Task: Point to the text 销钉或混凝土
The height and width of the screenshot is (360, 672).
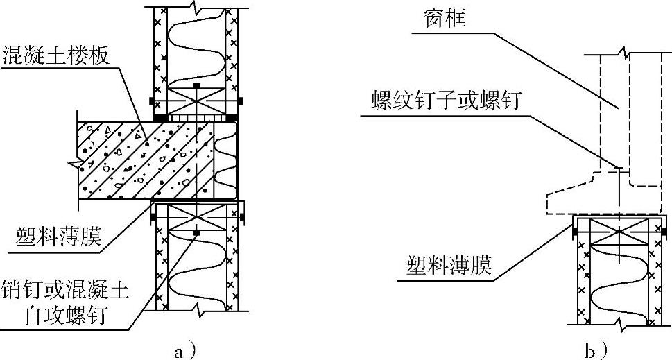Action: (64, 286)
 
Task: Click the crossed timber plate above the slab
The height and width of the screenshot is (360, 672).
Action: (197, 101)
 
